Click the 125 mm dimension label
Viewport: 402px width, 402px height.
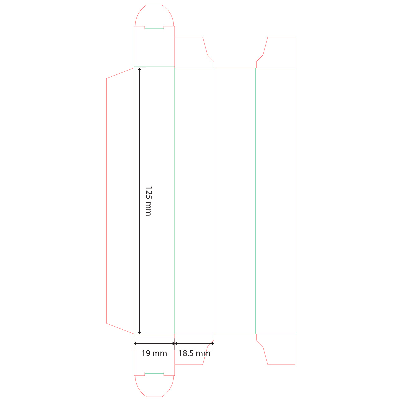click(x=148, y=201)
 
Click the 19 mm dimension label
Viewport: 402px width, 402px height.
click(x=154, y=353)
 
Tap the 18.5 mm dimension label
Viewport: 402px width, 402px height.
click(x=194, y=353)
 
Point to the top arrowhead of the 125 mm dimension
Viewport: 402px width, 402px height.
click(x=139, y=69)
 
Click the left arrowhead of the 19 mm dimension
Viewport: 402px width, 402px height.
click(x=136, y=344)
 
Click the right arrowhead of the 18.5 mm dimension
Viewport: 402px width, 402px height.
click(x=212, y=344)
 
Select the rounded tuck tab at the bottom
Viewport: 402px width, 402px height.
click(x=154, y=386)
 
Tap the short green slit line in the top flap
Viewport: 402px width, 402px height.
click(x=154, y=28)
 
